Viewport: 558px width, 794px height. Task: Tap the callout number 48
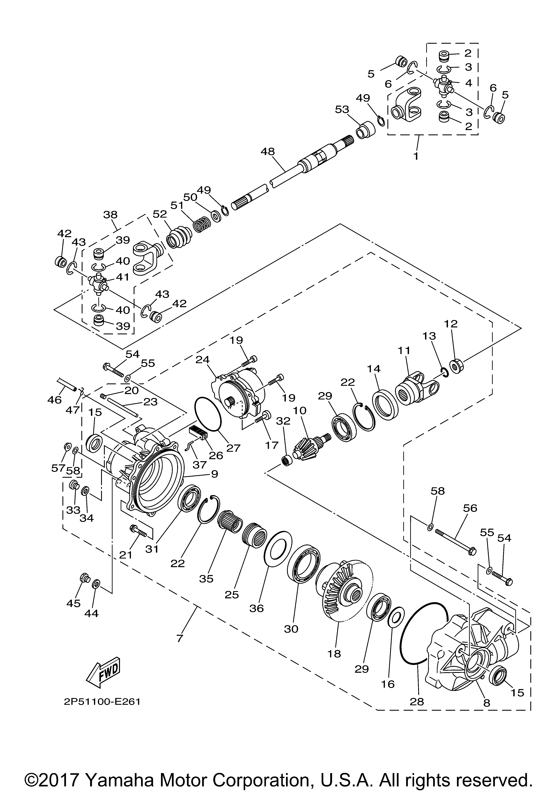click(x=268, y=151)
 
